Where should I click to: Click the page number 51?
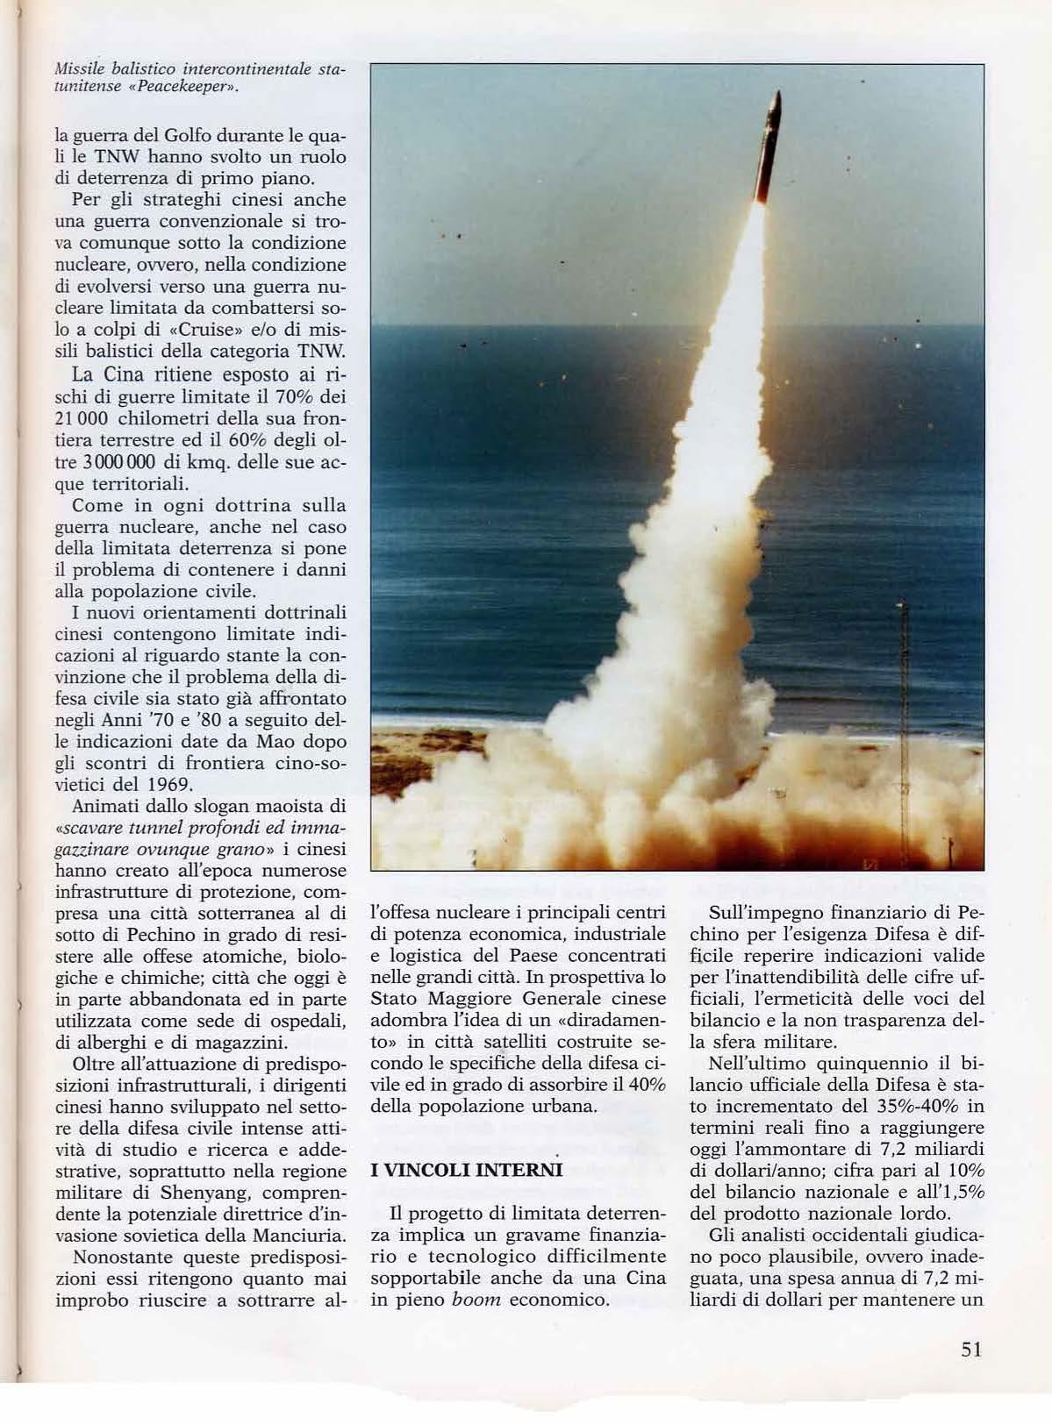[x=970, y=1349]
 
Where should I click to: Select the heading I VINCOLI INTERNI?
[x=466, y=1170]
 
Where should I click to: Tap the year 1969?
[x=167, y=783]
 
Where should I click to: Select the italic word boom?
[x=476, y=1299]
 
